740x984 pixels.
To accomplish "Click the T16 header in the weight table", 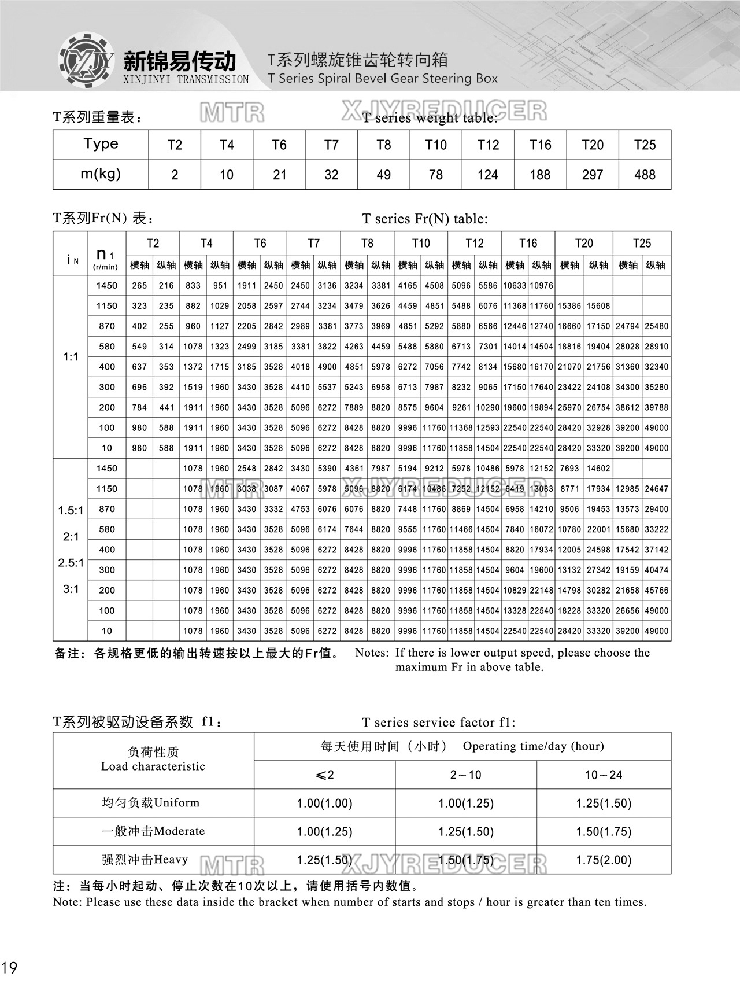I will click(540, 145).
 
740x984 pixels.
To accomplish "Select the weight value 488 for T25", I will click(645, 175).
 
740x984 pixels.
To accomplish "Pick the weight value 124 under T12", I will click(488, 175).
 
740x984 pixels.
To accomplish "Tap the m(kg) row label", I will click(101, 174).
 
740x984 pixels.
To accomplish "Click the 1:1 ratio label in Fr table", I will click(71, 357).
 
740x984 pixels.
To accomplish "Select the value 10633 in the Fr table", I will click(515, 286).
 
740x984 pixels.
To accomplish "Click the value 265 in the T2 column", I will click(139, 286).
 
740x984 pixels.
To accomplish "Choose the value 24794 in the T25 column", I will click(627, 326).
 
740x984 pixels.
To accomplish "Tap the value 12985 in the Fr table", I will click(627, 489).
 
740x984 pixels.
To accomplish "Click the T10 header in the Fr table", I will click(421, 243).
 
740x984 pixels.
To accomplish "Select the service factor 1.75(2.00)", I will click(604, 860).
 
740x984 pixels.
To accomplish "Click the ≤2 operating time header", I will click(325, 775).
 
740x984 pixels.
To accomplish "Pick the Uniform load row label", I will click(151, 803).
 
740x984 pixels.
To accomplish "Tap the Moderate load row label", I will click(153, 831).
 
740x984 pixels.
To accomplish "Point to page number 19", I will click(10, 967).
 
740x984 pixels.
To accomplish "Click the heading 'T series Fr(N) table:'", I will click(425, 219).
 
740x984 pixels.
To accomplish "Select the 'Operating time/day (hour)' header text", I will click(533, 746).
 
